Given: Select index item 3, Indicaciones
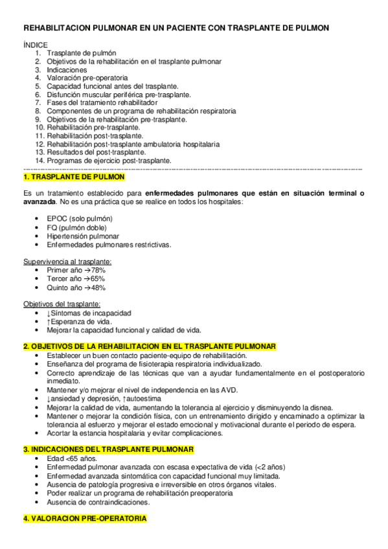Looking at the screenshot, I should point(67,70).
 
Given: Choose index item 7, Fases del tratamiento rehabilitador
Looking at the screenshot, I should point(102,103).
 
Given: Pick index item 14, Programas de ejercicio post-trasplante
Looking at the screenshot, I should point(109,161).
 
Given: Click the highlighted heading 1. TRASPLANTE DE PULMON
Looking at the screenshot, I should point(74,177).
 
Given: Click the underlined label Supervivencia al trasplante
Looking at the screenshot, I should point(67,262).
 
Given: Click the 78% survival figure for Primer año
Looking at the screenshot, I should point(97,270).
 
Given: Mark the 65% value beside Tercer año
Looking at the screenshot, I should point(97,278).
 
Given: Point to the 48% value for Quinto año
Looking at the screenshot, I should point(97,287).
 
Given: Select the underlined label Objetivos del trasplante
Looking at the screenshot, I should point(62,304).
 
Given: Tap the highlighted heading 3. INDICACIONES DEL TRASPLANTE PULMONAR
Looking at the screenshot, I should point(117,449).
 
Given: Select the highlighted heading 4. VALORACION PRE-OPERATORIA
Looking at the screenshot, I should point(85,519).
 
